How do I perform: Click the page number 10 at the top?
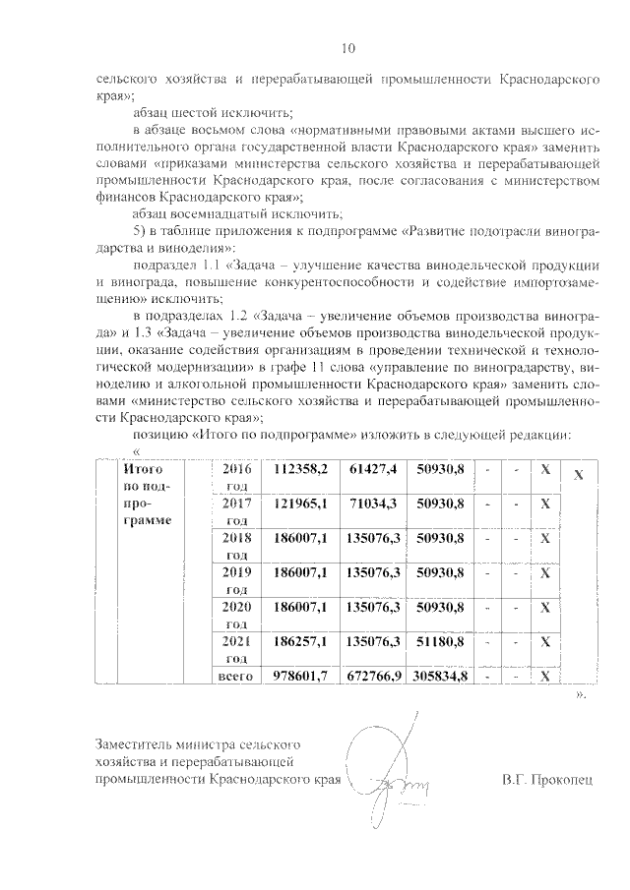(x=346, y=47)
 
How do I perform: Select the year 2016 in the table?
(x=237, y=470)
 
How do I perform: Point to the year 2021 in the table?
(x=237, y=642)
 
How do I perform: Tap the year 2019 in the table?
(x=237, y=573)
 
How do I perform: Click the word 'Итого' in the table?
(x=144, y=470)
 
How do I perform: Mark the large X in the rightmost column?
(x=579, y=475)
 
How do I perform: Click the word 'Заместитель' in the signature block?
(x=134, y=743)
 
